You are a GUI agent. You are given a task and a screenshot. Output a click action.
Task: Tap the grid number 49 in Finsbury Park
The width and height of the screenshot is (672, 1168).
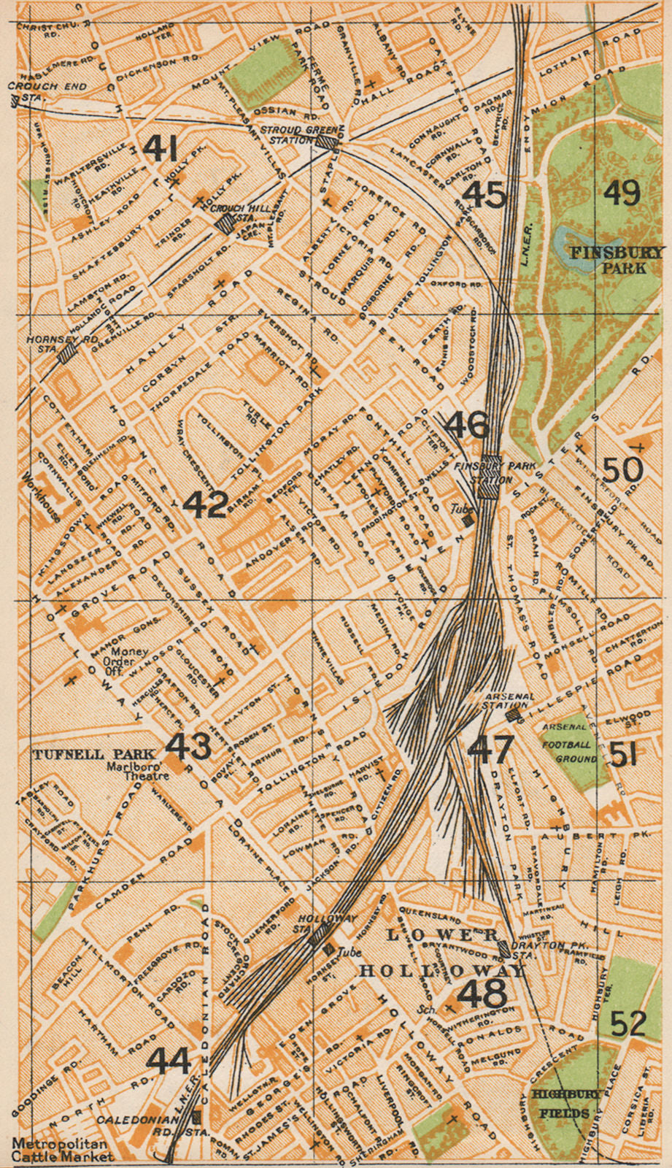point(622,193)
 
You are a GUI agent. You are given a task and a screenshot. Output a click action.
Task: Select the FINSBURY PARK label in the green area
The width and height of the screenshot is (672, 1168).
point(617,260)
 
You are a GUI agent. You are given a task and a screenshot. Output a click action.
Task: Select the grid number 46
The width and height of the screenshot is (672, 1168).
point(466,424)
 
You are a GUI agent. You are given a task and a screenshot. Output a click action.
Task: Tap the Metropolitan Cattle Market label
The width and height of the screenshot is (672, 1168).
point(62,1150)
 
